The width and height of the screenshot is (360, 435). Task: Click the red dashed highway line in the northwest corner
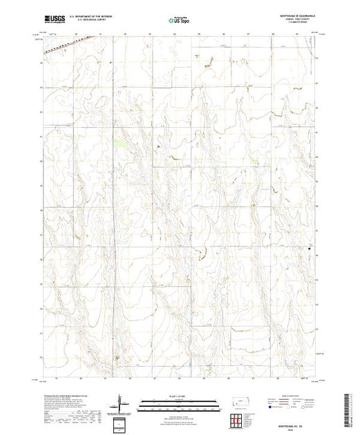pos(59,46)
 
